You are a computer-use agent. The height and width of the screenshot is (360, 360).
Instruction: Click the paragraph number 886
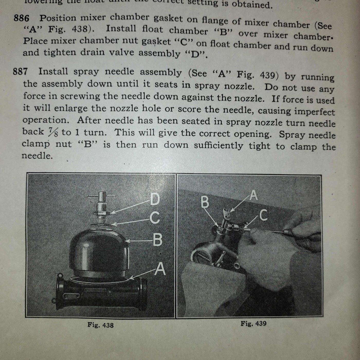point(22,18)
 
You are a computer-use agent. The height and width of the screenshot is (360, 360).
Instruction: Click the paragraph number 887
point(20,71)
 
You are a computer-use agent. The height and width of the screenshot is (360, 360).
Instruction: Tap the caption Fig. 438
point(100,325)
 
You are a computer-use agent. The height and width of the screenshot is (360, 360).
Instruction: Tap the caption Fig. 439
point(253,323)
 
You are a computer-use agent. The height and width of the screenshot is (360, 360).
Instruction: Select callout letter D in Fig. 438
point(155,199)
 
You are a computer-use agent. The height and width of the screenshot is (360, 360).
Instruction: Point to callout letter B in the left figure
point(157,240)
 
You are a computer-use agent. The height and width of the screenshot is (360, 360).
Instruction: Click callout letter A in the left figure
point(160,269)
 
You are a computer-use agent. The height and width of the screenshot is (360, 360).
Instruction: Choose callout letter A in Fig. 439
point(254,195)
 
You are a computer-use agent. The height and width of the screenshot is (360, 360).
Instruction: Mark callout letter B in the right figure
point(205,202)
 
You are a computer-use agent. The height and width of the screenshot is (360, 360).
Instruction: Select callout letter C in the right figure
point(263,215)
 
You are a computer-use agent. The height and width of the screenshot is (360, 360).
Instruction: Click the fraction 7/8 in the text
point(53,132)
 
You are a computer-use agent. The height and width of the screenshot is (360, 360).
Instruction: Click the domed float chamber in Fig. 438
point(99,249)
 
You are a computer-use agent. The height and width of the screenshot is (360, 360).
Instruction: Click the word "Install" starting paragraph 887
point(53,71)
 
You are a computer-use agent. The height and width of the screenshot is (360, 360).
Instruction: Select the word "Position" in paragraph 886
point(58,18)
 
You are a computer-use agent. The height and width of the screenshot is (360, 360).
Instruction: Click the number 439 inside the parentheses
point(267,75)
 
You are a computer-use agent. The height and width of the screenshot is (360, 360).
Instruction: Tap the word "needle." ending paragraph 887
point(37,156)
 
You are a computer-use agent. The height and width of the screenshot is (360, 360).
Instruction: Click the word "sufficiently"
point(218,146)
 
